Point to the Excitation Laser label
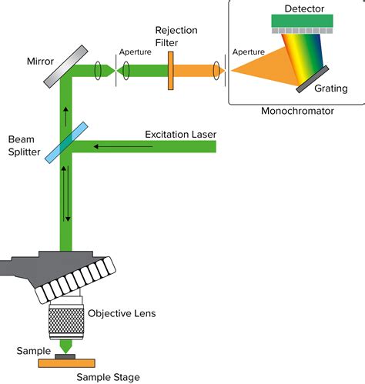point(180,135)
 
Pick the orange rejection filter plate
point(169,71)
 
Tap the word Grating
point(331,88)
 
